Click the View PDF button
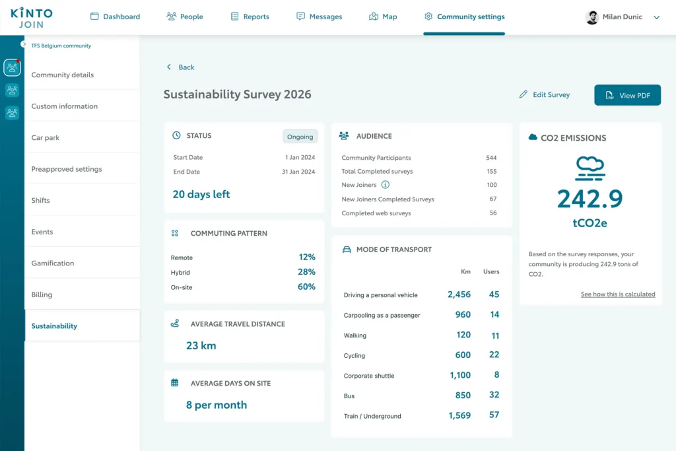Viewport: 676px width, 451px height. pos(627,95)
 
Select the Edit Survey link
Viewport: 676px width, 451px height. pos(545,94)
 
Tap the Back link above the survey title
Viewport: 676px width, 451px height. pos(180,67)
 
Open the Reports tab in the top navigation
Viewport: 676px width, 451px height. pos(250,17)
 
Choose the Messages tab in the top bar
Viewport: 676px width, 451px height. pos(320,17)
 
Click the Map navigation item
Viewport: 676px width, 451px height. pos(383,17)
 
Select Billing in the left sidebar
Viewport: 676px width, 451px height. pos(42,295)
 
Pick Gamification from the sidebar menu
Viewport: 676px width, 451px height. pos(53,263)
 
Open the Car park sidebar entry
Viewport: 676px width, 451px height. pos(46,137)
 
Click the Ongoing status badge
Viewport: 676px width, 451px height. pos(300,136)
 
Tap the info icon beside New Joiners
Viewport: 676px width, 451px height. pos(386,184)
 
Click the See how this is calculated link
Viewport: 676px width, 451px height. pos(618,294)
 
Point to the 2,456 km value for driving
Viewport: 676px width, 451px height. pos(459,295)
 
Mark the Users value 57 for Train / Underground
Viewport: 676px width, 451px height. pos(494,415)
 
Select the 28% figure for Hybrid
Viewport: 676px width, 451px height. pos(306,271)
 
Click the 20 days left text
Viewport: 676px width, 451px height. pos(201,194)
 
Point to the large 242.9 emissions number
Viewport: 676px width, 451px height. pos(590,199)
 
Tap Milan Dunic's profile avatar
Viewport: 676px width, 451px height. pos(592,17)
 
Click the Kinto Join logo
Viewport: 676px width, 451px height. pos(32,18)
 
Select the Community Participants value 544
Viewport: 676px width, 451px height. pos(491,158)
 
